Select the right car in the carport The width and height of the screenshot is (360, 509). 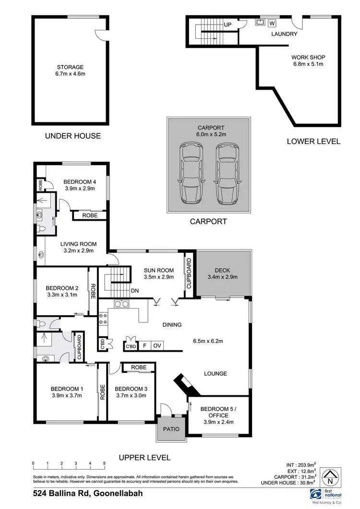coord(227,173)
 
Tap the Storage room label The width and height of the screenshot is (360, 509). coord(70,67)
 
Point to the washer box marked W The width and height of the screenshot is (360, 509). coord(272,23)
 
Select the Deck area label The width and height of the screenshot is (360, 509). coord(222,270)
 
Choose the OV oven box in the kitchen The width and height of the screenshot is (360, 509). coord(156,346)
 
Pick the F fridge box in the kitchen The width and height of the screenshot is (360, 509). coord(144,346)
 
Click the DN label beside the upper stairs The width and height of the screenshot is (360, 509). coord(135,291)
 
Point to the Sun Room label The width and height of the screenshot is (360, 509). coord(158,270)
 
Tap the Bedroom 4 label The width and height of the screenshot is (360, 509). coord(80,182)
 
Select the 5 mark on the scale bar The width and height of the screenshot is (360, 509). coord(104,463)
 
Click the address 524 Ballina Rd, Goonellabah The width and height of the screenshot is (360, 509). coord(88,493)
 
